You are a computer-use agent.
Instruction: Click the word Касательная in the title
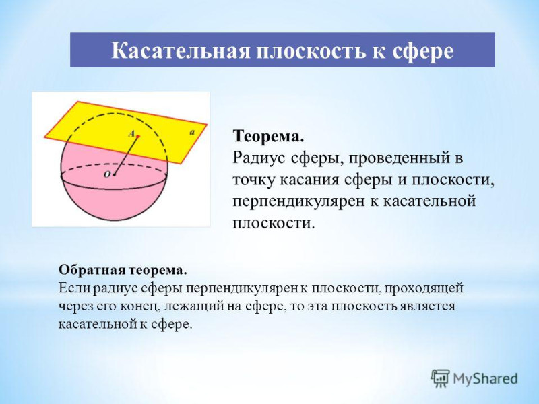pyautogui.click(x=181, y=51)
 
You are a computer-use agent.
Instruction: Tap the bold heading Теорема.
pyautogui.click(x=268, y=137)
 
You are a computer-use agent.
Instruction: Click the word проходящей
pyautogui.click(x=424, y=289)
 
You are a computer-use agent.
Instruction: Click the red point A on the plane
pyautogui.click(x=138, y=137)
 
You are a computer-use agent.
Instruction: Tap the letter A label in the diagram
pyautogui.click(x=131, y=133)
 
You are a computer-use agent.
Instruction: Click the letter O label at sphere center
pyautogui.click(x=107, y=175)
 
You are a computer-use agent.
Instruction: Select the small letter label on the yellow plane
pyautogui.click(x=192, y=132)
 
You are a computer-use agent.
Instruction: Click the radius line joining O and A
pyautogui.click(x=126, y=156)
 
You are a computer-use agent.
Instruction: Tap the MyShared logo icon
pyautogui.click(x=441, y=379)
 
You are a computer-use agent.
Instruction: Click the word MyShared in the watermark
pyautogui.click(x=485, y=379)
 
